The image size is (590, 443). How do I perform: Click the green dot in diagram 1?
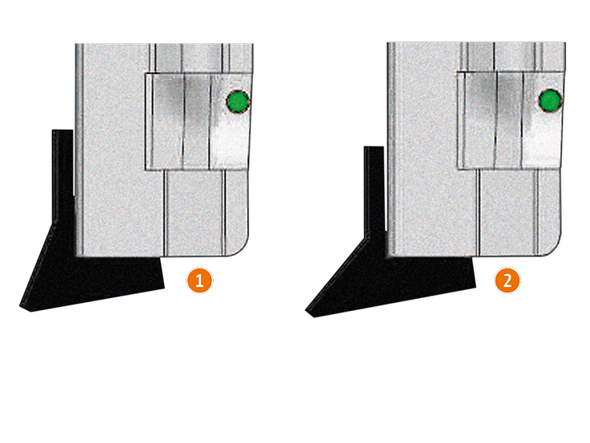[x=238, y=102]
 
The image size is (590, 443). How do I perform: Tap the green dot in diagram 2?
[x=551, y=100]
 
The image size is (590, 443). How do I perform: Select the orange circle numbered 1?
[x=199, y=280]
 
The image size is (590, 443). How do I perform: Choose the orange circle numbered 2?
[x=508, y=280]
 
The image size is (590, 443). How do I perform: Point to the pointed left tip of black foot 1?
[x=20, y=307]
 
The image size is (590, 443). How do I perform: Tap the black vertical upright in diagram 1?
[x=62, y=177]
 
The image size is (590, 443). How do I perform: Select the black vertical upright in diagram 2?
[x=375, y=192]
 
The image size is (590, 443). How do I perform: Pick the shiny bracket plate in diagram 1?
[x=198, y=121]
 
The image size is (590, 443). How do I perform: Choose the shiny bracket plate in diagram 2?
[x=510, y=119]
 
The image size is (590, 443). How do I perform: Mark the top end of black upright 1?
[x=62, y=131]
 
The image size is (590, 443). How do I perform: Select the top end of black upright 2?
[x=374, y=147]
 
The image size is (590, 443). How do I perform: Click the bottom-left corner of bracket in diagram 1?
[x=146, y=170]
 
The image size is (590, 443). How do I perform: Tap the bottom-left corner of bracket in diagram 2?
[x=458, y=168]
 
